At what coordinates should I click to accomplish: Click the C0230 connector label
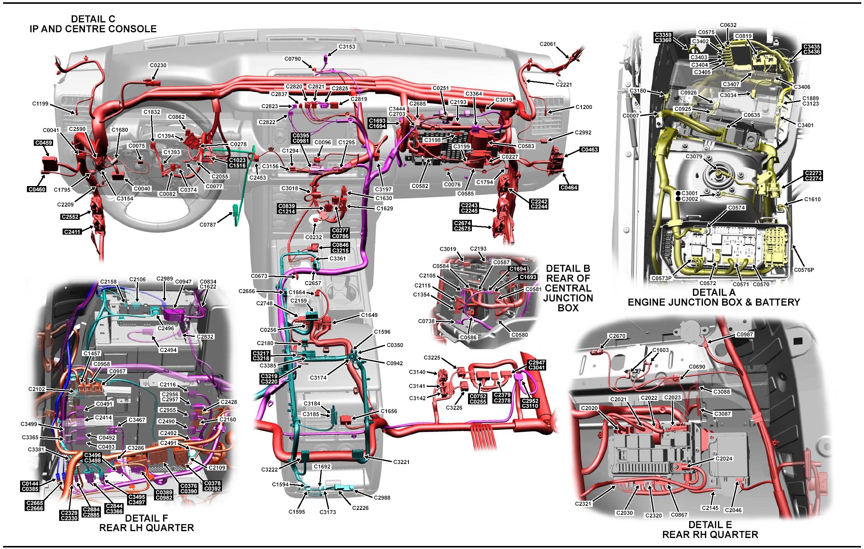pos(158,65)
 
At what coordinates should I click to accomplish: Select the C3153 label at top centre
pos(347,47)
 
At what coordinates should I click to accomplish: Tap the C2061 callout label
pos(547,44)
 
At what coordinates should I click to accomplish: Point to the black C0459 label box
pos(44,143)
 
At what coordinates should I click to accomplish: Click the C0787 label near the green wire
pos(207,225)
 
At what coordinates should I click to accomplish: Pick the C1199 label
pos(40,104)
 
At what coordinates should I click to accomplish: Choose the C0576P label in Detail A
pos(804,270)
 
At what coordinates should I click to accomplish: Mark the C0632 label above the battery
pos(728,25)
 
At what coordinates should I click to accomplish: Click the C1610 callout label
pos(812,199)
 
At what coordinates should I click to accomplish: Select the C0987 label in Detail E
pos(745,334)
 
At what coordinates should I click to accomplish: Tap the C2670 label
pos(617,336)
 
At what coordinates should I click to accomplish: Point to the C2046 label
pos(733,510)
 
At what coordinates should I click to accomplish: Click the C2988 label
pos(382,498)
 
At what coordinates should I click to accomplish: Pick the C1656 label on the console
pos(389,411)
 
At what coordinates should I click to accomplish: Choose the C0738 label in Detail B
pos(426,321)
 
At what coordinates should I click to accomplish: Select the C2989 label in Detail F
pos(165,279)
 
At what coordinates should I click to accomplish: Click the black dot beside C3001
pos(678,193)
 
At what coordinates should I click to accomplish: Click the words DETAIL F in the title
pos(146,518)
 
